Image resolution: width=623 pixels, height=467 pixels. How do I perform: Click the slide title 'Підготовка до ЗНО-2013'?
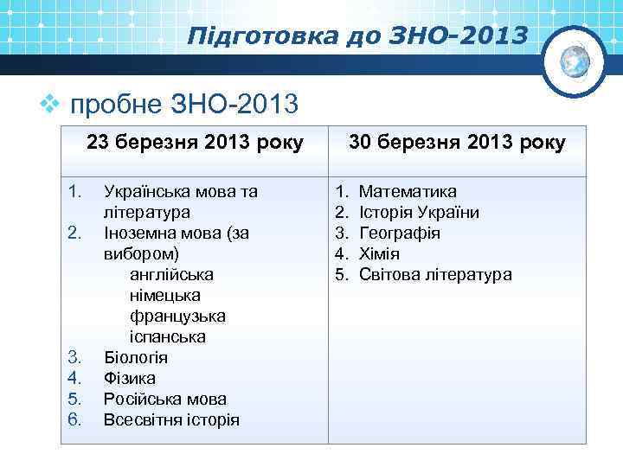point(356,36)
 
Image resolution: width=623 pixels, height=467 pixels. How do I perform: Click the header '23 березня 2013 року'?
point(196,143)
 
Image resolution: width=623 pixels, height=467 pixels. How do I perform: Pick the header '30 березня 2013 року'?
point(458,143)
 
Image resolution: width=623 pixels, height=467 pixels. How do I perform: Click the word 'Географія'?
point(400,233)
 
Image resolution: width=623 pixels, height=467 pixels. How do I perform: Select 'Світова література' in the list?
point(435,274)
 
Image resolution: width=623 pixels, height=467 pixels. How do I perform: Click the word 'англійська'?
point(171,274)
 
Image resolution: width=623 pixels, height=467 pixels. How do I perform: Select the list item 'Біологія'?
point(136,357)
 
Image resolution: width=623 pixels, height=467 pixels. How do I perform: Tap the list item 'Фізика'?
point(130,378)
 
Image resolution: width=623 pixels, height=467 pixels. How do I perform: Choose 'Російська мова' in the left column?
point(165,399)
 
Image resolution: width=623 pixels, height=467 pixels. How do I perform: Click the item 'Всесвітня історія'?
point(171,419)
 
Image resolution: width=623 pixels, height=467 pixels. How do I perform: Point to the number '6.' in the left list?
point(74,419)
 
